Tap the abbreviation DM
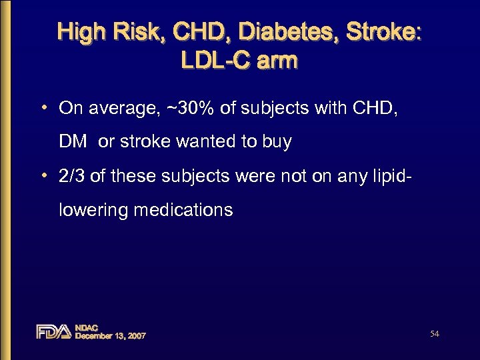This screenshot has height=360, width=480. click(x=73, y=142)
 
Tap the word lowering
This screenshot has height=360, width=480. click(x=93, y=210)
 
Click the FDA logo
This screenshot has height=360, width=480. click(x=53, y=331)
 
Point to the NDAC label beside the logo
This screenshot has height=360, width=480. click(x=87, y=327)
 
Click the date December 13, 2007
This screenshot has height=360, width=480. click(x=111, y=335)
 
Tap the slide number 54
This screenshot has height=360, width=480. click(x=434, y=333)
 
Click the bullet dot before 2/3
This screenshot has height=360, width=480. click(x=43, y=176)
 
